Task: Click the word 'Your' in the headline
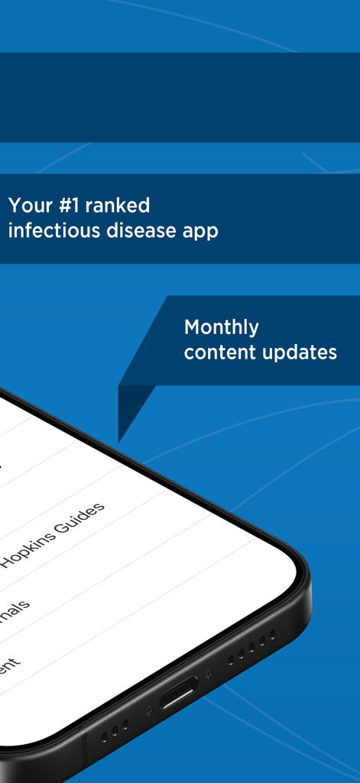[x=28, y=206]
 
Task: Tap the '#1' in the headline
[x=66, y=206]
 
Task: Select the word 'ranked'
[x=117, y=206]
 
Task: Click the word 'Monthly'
[x=222, y=328]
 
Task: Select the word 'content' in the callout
[x=215, y=353]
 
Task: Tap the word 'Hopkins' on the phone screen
[x=33, y=550]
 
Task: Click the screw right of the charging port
[x=209, y=674]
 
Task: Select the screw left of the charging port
[x=150, y=710]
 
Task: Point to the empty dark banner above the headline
[x=180, y=97]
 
